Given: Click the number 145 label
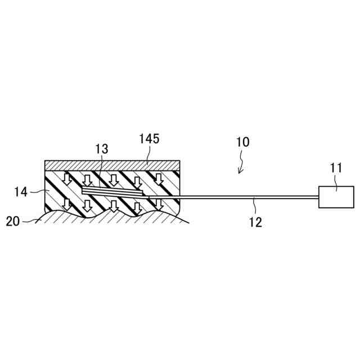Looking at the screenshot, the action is [148, 138].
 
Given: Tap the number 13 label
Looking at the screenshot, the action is [102, 149].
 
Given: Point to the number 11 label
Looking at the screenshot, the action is [336, 167].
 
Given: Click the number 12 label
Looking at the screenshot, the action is [255, 222].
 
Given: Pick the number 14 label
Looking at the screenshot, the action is [21, 193].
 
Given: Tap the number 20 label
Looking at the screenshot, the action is [12, 221].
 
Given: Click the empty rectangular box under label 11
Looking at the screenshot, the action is [336, 197].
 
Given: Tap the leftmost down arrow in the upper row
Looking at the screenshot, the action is [66, 179].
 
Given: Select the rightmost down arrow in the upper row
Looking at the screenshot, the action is [159, 179].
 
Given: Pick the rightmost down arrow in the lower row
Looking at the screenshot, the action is [159, 204].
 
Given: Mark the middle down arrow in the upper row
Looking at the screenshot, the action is [114, 180].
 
